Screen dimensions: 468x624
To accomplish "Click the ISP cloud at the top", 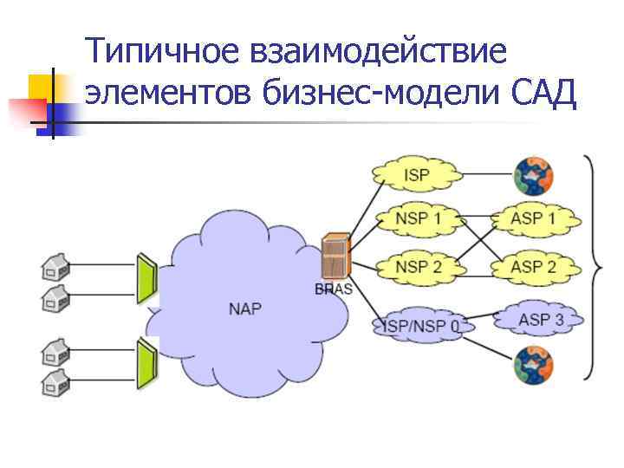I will point(416,176).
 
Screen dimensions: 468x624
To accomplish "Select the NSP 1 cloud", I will point(418,218).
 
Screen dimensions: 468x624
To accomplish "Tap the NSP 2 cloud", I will point(418,266).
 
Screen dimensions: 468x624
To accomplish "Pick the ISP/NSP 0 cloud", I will point(422,326).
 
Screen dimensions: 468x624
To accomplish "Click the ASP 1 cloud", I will point(533,218).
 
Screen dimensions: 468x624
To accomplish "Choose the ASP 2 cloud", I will point(533,266).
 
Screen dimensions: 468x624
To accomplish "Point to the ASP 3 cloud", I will point(540,320).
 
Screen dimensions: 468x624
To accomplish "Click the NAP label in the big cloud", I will point(244,309).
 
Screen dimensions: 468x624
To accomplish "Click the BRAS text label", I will point(335,289).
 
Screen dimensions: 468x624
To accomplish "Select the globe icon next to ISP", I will point(532,176).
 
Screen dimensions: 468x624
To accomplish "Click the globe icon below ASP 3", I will point(532,364).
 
